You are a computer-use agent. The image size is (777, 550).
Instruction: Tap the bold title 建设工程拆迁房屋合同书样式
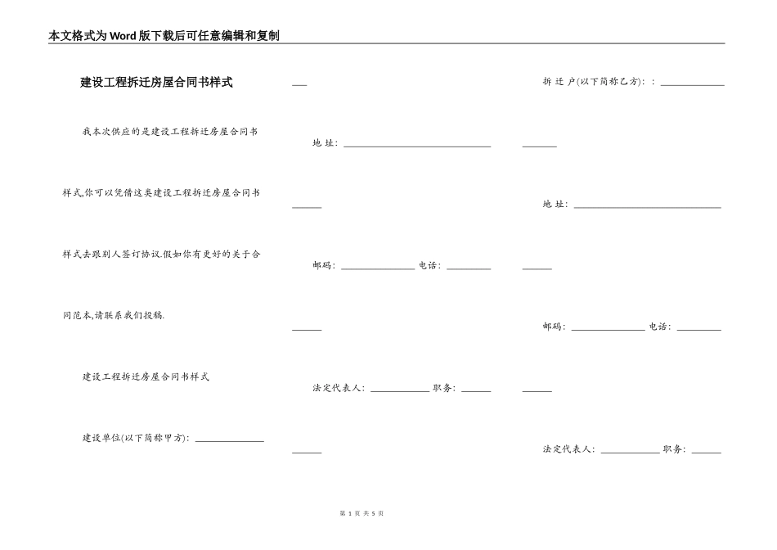pyautogui.click(x=156, y=83)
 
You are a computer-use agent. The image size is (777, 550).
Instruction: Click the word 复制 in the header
pyautogui.click(x=267, y=36)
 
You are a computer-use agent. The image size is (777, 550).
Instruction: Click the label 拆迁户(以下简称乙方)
pyautogui.click(x=595, y=82)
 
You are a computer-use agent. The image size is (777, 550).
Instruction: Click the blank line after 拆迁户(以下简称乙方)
pyautogui.click(x=692, y=83)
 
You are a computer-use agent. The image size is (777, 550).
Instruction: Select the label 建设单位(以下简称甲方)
pyautogui.click(x=136, y=438)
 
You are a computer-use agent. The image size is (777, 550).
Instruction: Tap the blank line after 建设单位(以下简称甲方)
pyautogui.click(x=229, y=440)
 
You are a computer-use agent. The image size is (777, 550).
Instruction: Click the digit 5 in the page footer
pyautogui.click(x=373, y=513)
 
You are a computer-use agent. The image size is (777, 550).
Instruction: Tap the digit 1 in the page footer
pyautogui.click(x=349, y=513)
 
